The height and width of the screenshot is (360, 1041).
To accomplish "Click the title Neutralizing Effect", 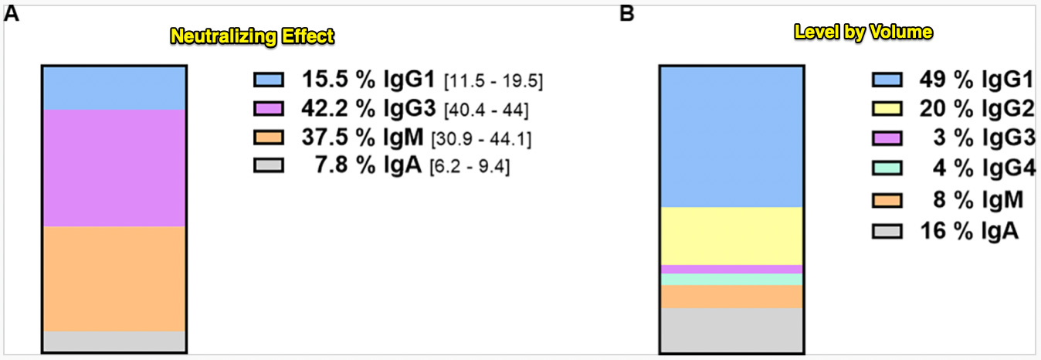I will point(253,36).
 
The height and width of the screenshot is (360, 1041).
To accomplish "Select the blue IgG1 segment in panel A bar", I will point(114,88).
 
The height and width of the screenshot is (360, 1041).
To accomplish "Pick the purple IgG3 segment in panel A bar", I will point(114,168).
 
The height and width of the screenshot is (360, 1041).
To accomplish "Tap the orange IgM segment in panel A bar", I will point(114,278).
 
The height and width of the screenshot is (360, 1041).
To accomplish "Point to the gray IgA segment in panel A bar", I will point(114,341).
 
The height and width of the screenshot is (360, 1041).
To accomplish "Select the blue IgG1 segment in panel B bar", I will point(731,137).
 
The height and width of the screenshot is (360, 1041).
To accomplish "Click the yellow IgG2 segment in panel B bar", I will point(731,236).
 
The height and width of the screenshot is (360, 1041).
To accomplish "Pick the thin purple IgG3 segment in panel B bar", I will point(731,269).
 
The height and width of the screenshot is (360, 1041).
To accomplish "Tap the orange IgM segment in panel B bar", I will point(731,297).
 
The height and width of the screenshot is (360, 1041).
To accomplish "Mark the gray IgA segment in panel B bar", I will point(731,331).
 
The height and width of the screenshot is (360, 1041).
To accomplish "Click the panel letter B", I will point(627,13).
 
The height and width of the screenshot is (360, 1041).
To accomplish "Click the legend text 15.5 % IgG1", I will point(369,80).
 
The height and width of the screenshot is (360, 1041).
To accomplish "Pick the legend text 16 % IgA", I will point(970,230).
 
